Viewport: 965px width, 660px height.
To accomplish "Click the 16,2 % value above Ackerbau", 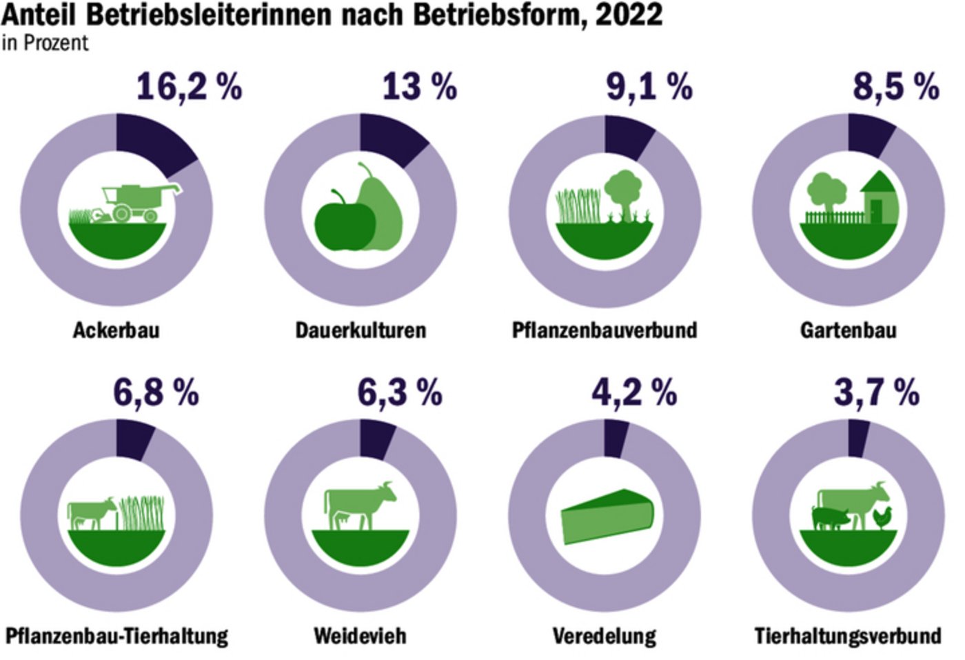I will (189, 88).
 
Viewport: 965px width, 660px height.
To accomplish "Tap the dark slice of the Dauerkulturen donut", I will (390, 139).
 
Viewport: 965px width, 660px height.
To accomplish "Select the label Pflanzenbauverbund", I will (605, 330).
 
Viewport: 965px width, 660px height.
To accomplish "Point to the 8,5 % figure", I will (895, 88).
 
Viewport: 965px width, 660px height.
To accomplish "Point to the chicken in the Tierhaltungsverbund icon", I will (882, 517).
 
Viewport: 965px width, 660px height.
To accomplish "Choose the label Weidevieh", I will (360, 635).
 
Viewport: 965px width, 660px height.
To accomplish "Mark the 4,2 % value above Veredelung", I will (633, 393).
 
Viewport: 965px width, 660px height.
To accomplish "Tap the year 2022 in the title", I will (629, 15).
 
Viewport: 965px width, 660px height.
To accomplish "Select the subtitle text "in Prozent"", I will (45, 43).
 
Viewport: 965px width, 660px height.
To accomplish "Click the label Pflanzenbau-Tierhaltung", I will (116, 635).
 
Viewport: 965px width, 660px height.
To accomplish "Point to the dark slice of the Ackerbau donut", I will (152, 141).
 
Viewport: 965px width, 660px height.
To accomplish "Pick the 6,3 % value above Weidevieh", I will (399, 393).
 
